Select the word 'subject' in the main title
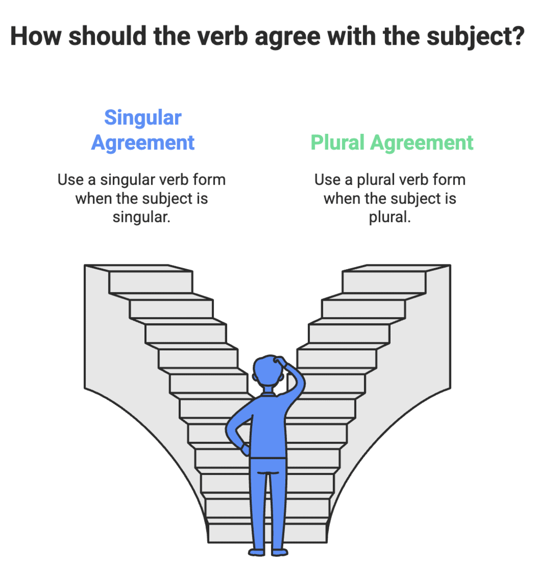[469, 37]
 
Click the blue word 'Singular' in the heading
[143, 118]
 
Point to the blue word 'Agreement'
[143, 142]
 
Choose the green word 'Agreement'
[422, 142]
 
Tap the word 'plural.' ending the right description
[390, 217]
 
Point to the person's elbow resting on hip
[230, 430]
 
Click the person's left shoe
[257, 552]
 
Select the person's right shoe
[280, 552]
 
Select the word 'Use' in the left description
[70, 179]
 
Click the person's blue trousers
[268, 499]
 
